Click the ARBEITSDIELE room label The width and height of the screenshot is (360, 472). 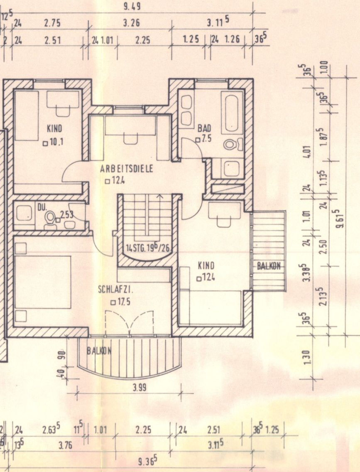coord(126,169)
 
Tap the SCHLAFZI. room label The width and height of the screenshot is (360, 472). coord(116,290)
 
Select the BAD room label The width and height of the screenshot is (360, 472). coord(204,129)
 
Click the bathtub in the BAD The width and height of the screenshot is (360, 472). coord(232,112)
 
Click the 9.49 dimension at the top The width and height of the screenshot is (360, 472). coord(132,7)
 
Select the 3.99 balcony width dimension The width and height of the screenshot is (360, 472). coord(140,387)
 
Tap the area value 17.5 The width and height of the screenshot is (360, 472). coord(124,302)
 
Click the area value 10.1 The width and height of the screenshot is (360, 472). coord(56,142)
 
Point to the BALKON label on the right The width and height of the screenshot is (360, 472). coord(269,266)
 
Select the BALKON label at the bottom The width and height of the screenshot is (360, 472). coord(99,351)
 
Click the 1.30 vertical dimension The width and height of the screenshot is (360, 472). coord(306,357)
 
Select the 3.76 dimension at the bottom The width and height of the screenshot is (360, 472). coord(65,445)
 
